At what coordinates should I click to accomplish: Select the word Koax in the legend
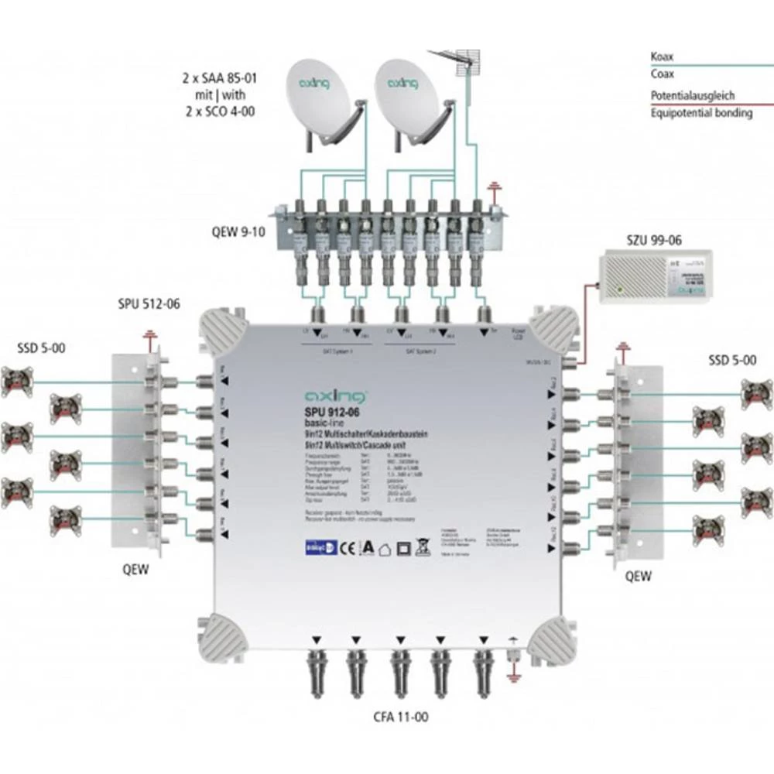tap(662, 57)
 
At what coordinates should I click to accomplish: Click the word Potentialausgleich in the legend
tap(692, 96)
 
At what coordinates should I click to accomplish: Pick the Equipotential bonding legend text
tap(700, 113)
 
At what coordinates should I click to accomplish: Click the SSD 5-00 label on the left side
tap(41, 348)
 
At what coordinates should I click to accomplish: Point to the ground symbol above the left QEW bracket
tap(149, 335)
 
